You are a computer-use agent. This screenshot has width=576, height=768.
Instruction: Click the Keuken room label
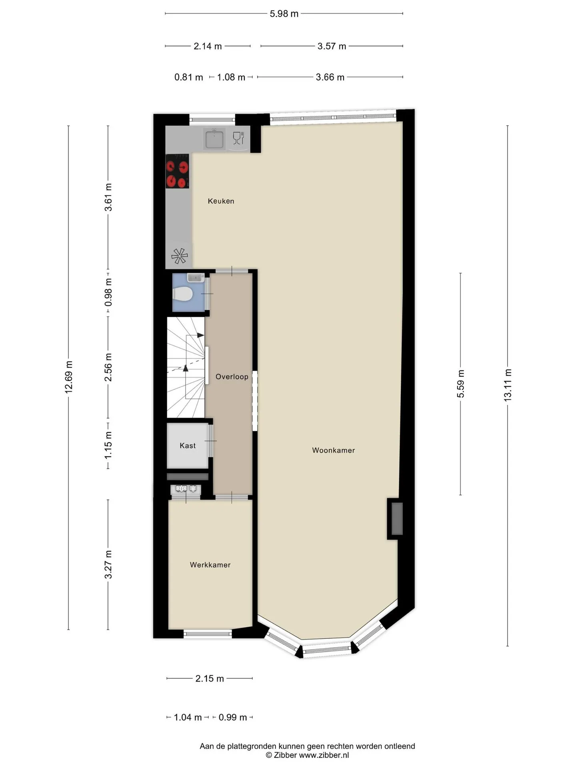pyautogui.click(x=221, y=201)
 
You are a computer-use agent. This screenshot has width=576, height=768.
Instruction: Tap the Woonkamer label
pyautogui.click(x=334, y=450)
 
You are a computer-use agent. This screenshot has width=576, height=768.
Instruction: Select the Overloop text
pyautogui.click(x=232, y=377)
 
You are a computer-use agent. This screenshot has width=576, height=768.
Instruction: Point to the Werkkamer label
pyautogui.click(x=210, y=565)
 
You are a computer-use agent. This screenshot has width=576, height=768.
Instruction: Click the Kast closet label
pyautogui.click(x=188, y=446)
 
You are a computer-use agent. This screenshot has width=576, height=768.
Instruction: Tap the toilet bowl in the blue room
pyautogui.click(x=183, y=294)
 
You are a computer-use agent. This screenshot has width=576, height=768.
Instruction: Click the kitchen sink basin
pyautogui.click(x=215, y=139)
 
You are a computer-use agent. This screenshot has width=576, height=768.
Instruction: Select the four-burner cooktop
pyautogui.click(x=177, y=171)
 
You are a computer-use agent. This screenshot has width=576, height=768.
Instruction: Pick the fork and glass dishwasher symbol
pyautogui.click(x=238, y=138)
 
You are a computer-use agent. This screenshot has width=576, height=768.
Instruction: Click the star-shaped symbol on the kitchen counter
pyautogui.click(x=179, y=256)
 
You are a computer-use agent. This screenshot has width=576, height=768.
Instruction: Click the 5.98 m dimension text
pyautogui.click(x=284, y=14)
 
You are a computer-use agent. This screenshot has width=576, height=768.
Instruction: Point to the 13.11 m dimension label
pyautogui.click(x=508, y=385)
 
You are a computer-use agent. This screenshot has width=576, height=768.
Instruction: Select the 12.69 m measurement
pyautogui.click(x=69, y=377)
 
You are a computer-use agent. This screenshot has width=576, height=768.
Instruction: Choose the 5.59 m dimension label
pyautogui.click(x=461, y=384)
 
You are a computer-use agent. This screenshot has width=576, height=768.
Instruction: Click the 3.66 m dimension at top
pyautogui.click(x=330, y=77)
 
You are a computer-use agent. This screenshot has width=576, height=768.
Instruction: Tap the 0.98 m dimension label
pyautogui.click(x=108, y=292)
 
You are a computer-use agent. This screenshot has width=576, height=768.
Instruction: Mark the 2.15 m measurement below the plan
pyautogui.click(x=210, y=678)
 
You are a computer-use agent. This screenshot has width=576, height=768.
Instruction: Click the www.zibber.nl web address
pyautogui.click(x=324, y=755)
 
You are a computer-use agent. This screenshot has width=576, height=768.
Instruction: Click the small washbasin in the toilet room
pyautogui.click(x=196, y=277)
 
